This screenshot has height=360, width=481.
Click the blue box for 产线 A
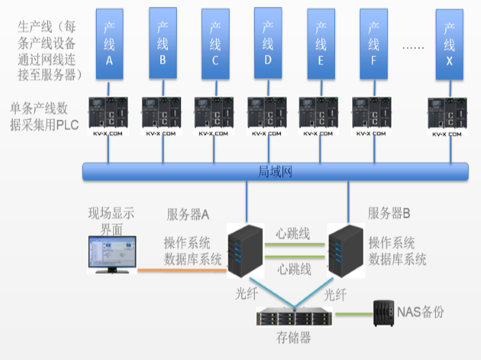coord(110,43)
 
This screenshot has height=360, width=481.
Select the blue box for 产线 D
coord(268,43)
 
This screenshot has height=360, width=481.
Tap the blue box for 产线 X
coord(449,43)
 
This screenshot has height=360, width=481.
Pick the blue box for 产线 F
coord(373,43)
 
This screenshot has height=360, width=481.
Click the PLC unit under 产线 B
coord(162,114)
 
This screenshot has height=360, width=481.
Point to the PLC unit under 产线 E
coord(319,114)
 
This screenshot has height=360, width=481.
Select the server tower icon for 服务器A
coord(245,251)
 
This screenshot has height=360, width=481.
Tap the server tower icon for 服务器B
coord(344,251)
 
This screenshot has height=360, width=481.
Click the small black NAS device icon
coord(382,313)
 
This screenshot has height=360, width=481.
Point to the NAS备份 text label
coord(421,312)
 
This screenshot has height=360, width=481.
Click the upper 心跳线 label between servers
coord(294,233)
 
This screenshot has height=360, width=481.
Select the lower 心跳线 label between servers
coord(294,269)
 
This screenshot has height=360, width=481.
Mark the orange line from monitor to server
coord(182,269)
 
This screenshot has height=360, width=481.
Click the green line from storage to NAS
coord(353,315)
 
